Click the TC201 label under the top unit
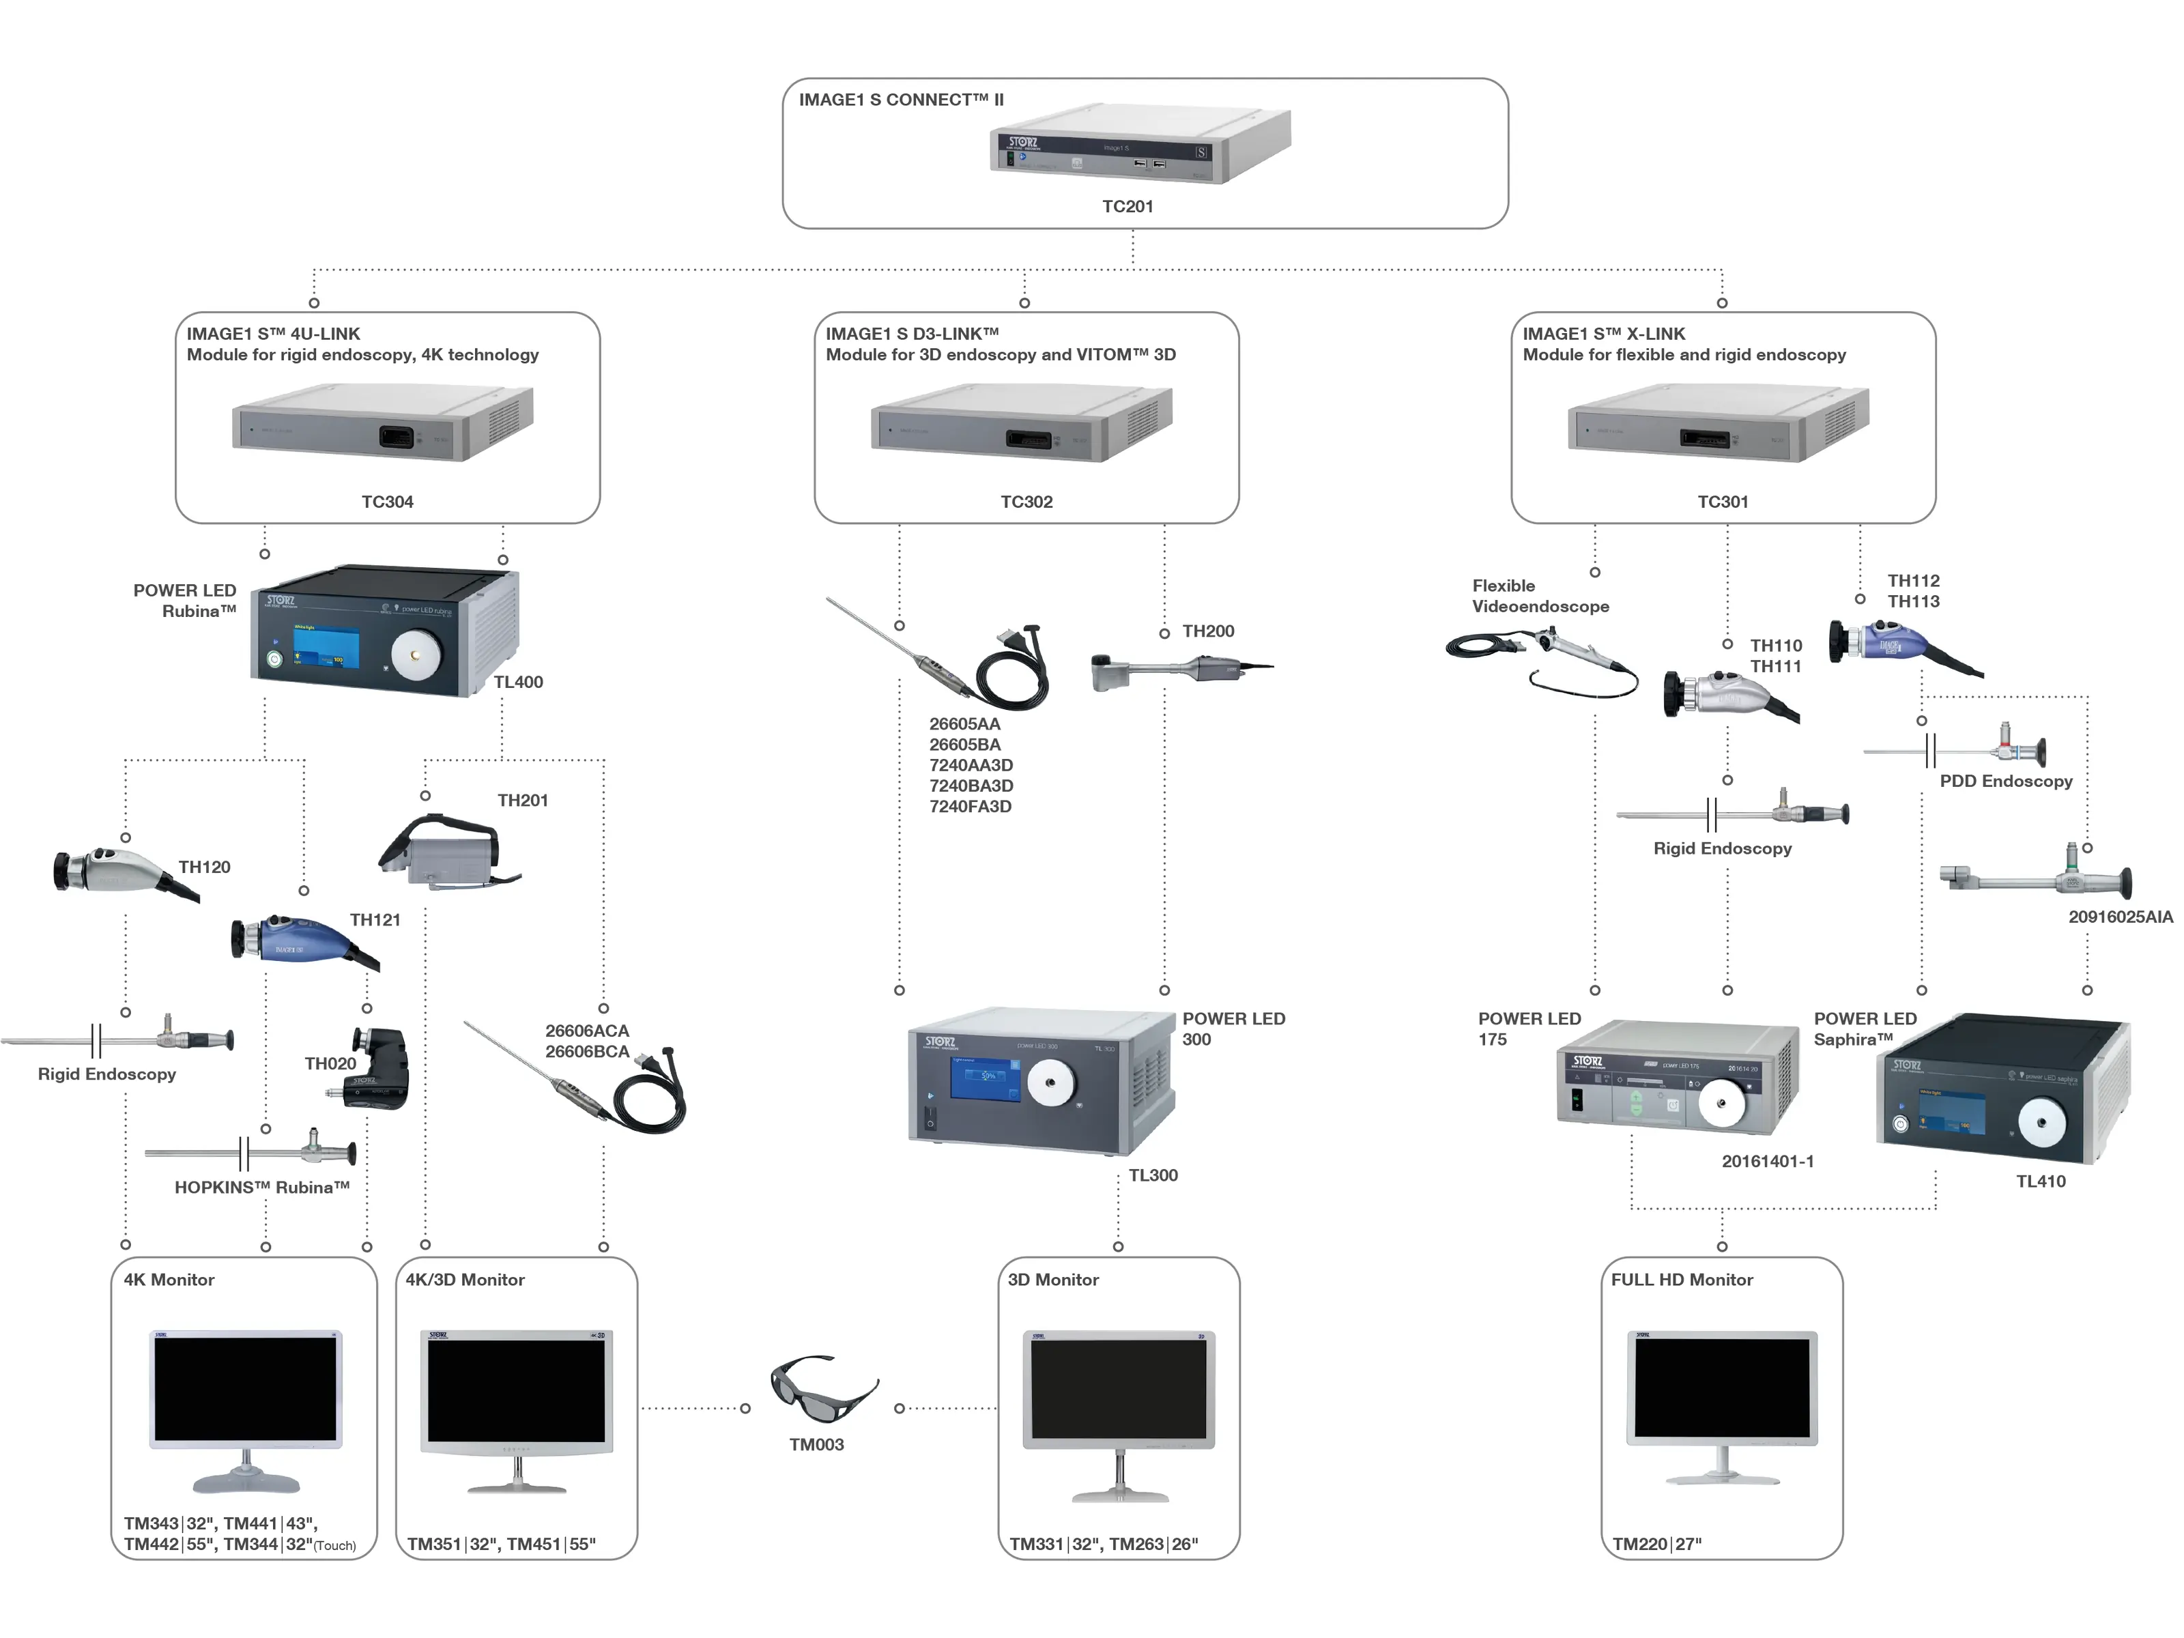[x=1127, y=206]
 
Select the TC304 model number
[x=387, y=502]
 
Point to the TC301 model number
[x=1722, y=502]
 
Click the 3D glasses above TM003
[x=822, y=1388]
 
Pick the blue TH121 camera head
[x=296, y=939]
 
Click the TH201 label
[x=522, y=801]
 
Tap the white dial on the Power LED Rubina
[x=416, y=654]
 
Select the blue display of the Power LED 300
[x=984, y=1079]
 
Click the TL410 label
[x=2040, y=1181]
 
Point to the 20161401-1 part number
[x=1768, y=1161]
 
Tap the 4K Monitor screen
[x=245, y=1389]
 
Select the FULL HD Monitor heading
[x=1682, y=1280]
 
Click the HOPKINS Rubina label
[x=261, y=1188]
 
